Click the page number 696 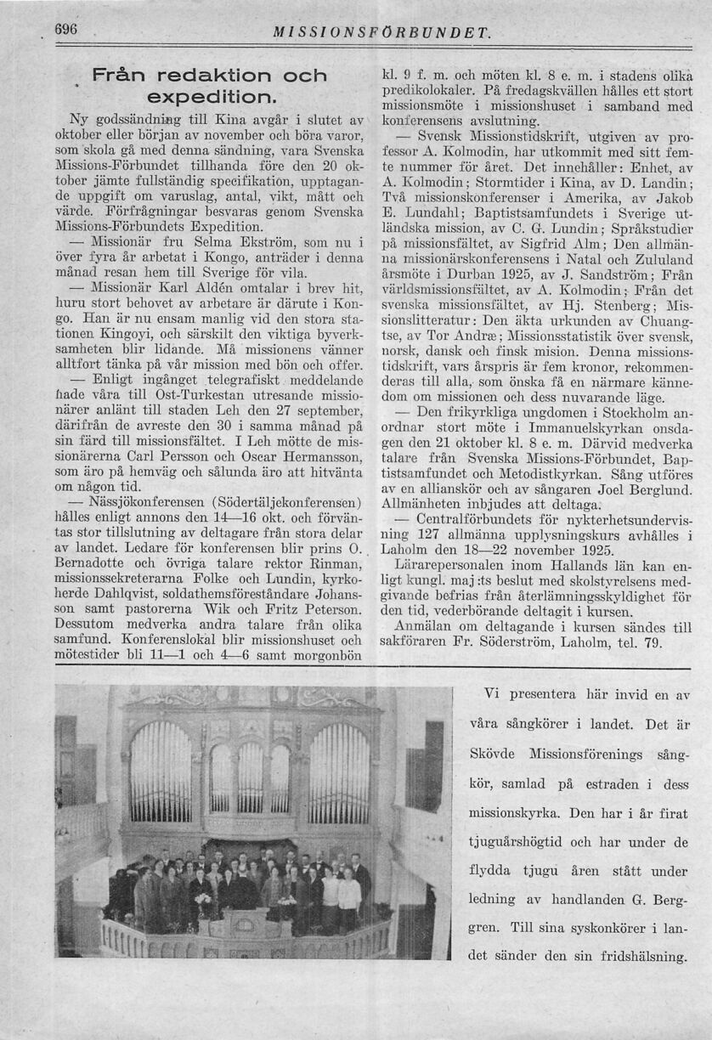[x=66, y=29]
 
